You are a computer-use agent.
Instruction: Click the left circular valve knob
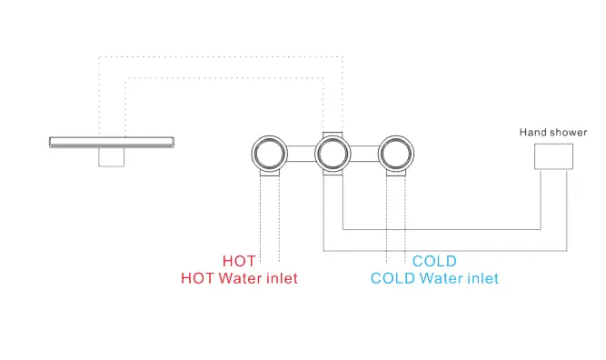coord(270,153)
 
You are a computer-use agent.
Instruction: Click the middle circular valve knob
coord(333,153)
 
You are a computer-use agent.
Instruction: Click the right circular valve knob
coord(397,153)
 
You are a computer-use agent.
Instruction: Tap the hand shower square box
coord(554,155)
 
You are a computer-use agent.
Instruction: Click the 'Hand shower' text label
coord(553,133)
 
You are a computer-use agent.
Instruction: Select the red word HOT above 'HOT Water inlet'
coord(239,262)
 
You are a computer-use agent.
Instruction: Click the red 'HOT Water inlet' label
coord(239,278)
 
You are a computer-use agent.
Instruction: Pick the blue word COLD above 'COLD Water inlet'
coord(434,262)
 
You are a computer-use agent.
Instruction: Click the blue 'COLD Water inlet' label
coord(434,278)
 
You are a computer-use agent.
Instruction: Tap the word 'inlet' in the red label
coord(281,278)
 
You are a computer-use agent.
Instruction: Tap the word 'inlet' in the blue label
coord(482,278)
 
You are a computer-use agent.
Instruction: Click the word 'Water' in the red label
coord(239,278)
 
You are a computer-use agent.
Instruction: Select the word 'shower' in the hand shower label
coord(569,133)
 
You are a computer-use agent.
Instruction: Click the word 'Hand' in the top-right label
coord(532,133)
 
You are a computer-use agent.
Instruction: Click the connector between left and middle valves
coord(302,153)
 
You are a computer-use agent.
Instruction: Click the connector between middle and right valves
coord(365,153)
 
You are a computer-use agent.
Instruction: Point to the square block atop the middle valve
coord(333,133)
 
